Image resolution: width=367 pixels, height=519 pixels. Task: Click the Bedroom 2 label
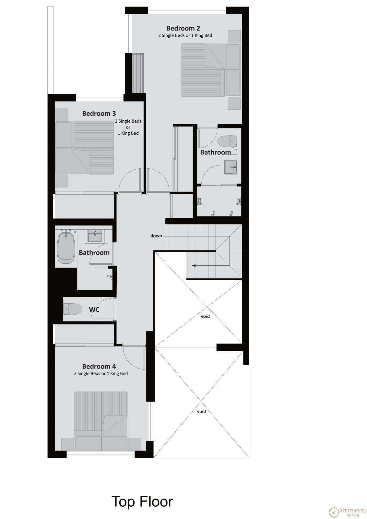click(x=183, y=28)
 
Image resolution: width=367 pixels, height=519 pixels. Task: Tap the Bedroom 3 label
click(x=99, y=114)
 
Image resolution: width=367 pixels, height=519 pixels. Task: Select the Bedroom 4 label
click(x=99, y=366)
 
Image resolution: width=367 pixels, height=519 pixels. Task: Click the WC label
click(x=94, y=309)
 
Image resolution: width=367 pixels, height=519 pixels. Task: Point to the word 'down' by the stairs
click(x=156, y=235)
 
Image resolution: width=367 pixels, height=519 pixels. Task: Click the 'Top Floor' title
click(x=142, y=501)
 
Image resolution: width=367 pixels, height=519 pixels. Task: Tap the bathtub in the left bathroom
click(x=66, y=248)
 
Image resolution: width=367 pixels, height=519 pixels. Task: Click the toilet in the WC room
click(x=73, y=309)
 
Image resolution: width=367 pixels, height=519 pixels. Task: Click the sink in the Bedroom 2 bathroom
click(x=231, y=167)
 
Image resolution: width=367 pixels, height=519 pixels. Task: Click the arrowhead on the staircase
click(x=194, y=266)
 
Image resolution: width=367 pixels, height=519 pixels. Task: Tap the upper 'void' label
click(x=205, y=316)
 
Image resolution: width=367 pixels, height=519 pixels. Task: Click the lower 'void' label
click(x=201, y=412)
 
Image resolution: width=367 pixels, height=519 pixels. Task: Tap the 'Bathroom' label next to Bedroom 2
click(x=215, y=152)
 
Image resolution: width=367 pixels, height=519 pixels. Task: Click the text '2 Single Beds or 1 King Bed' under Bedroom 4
click(x=101, y=373)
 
